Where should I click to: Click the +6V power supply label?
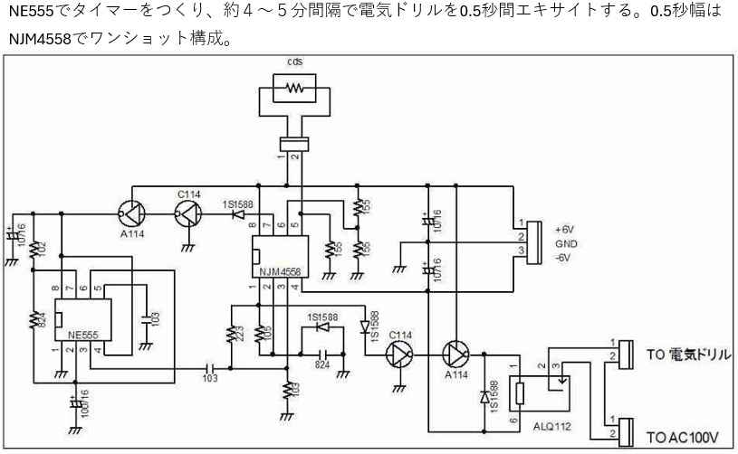point(565,230)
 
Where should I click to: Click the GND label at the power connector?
point(565,244)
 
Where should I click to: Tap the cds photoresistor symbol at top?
point(293,89)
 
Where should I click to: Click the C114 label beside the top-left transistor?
point(188,194)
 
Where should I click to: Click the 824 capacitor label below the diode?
point(321,364)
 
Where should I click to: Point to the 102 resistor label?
point(40,247)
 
